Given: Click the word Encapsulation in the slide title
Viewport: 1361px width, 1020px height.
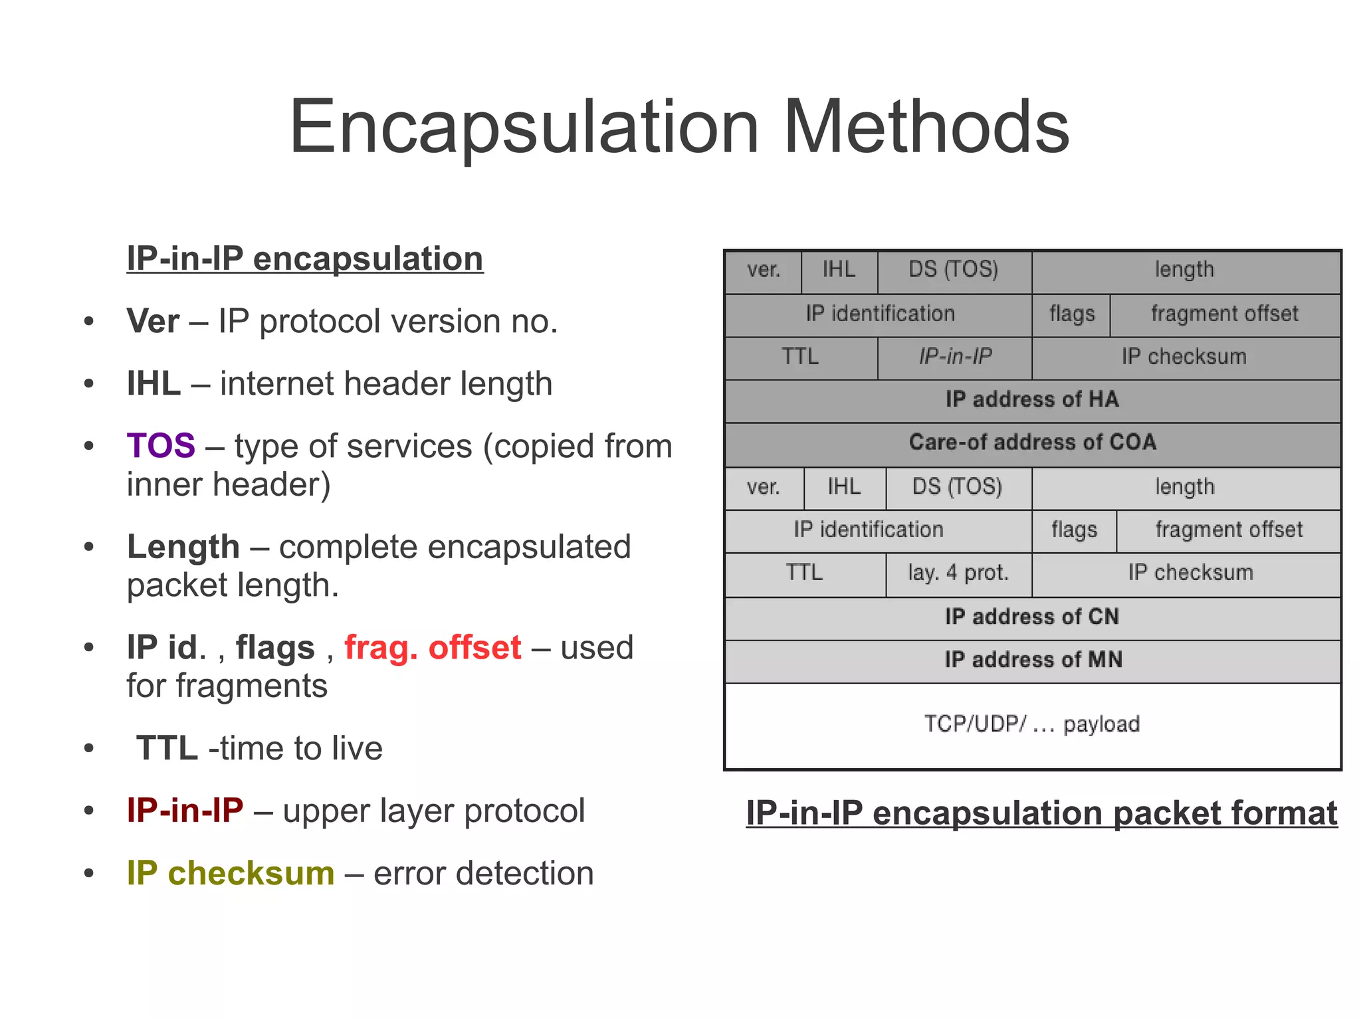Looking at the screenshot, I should tap(524, 128).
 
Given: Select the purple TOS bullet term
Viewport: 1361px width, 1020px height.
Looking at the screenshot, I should tap(161, 446).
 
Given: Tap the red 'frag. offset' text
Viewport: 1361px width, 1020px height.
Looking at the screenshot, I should tap(433, 648).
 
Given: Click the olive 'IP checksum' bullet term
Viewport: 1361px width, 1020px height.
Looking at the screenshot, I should tap(231, 873).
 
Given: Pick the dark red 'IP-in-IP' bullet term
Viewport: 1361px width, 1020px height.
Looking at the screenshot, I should tap(185, 811).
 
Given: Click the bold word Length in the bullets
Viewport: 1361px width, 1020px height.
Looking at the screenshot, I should tap(183, 547).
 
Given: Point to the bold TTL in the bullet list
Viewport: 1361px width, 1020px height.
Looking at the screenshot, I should tap(167, 748).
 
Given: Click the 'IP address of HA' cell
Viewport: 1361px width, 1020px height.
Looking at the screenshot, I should tap(1032, 400).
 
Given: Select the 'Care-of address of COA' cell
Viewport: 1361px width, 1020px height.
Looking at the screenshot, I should tap(1032, 443).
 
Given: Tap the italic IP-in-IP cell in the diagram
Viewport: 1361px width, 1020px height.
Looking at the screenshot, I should tap(955, 357).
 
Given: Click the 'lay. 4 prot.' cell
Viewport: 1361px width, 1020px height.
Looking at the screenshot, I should tap(958, 573).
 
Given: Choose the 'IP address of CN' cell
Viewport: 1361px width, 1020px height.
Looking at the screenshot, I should tap(1032, 617).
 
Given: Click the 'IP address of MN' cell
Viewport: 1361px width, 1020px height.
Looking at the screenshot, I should tap(1032, 660).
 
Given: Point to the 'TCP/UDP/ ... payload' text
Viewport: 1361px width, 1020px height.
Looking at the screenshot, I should tap(1032, 724).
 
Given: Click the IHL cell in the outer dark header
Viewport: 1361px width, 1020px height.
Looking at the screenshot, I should tap(839, 270).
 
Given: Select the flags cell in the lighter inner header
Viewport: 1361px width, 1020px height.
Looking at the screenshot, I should tap(1074, 530).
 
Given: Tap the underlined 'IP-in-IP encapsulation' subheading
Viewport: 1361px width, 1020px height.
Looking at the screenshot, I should tap(305, 259).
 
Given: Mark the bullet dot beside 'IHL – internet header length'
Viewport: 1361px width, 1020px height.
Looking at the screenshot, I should tap(89, 384).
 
